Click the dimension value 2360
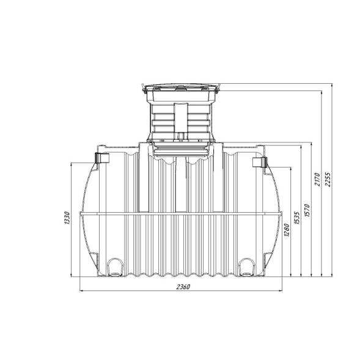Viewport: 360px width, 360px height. [x=183, y=287]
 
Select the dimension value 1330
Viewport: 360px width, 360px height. [x=67, y=218]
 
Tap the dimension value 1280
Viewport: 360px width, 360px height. [x=287, y=230]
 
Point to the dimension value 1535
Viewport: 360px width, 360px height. [x=297, y=218]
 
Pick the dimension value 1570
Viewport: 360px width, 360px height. [x=307, y=210]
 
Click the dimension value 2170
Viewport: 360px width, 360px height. [x=317, y=179]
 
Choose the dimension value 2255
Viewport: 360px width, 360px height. [x=328, y=179]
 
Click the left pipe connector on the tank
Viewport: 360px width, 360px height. [x=101, y=158]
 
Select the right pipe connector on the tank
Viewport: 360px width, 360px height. [x=260, y=163]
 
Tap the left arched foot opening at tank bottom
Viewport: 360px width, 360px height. [x=115, y=267]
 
